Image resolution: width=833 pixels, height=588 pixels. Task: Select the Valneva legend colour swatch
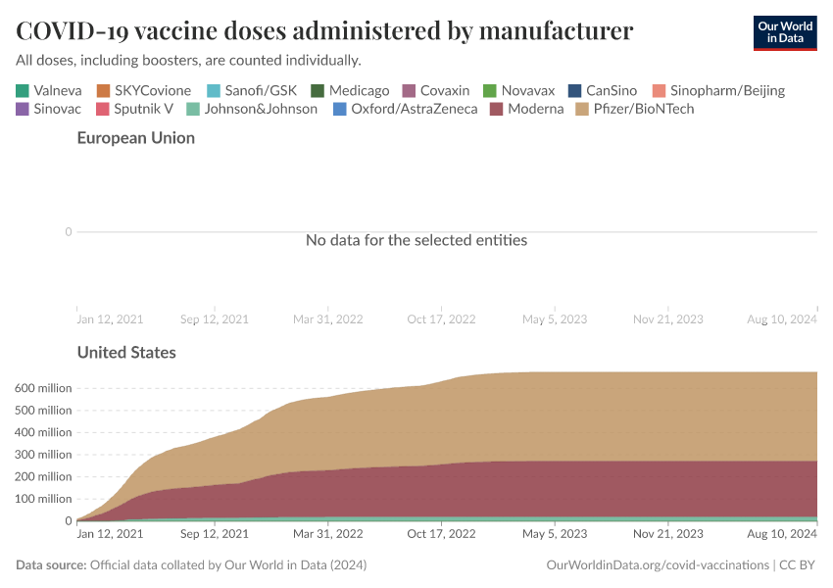23,90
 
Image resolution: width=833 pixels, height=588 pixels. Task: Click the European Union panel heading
135,138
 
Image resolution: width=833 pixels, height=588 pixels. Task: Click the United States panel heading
126,352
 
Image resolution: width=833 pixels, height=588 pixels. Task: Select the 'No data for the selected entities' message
416,240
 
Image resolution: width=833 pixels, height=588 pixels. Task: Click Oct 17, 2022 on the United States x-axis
441,535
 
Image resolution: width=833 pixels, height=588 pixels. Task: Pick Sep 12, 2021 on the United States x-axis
214,535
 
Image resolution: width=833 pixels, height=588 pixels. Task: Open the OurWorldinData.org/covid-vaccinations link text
657,565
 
